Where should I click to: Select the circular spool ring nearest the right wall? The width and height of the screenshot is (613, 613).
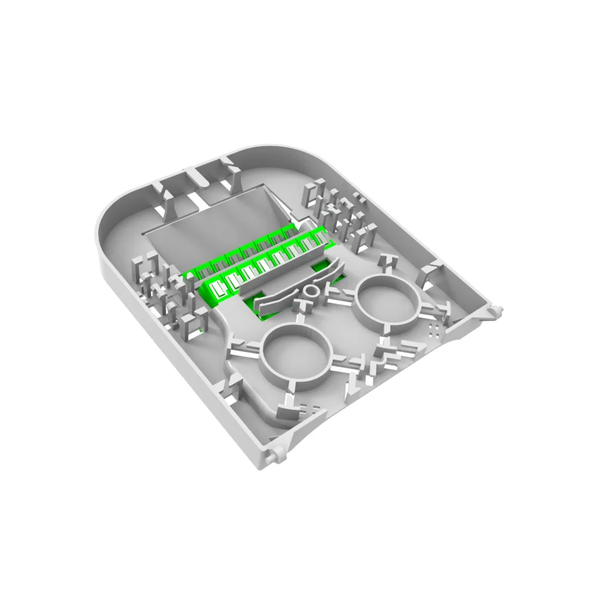coord(387,302)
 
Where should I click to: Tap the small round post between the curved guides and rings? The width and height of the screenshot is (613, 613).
coord(311,292)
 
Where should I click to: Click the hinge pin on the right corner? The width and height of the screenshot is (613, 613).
coord(496,309)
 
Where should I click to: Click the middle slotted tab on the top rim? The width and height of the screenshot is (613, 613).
coord(194,180)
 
